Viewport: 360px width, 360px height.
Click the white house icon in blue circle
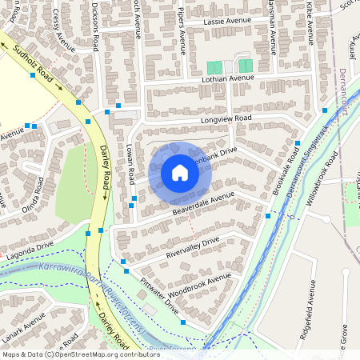(180, 172)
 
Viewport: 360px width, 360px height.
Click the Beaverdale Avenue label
(203, 202)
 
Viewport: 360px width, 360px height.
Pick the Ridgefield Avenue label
(309, 320)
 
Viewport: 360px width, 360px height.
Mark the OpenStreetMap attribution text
(81, 354)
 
